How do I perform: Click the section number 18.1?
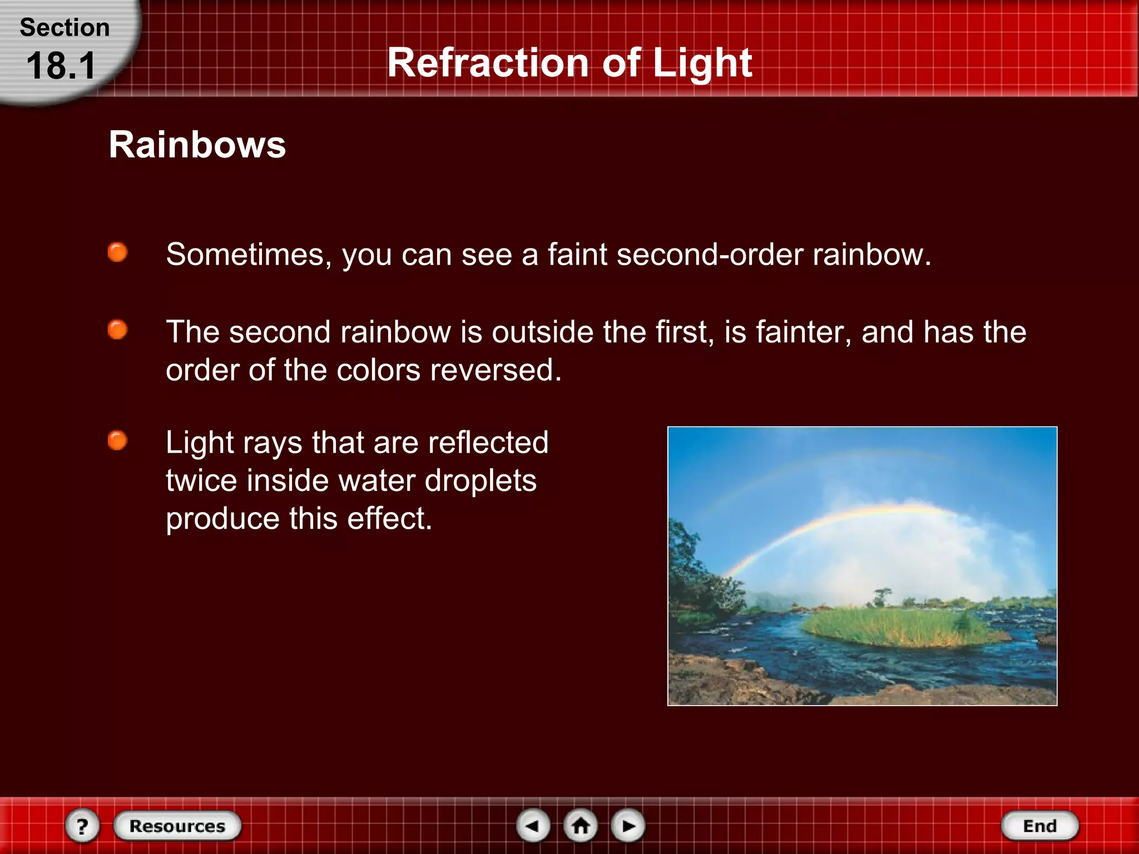61,66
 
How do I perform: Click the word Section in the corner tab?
65,28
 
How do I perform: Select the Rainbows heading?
197,145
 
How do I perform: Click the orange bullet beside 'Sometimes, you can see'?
117,252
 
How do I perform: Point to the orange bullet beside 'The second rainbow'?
117,330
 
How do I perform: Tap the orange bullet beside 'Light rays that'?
117,441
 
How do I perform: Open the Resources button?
177,826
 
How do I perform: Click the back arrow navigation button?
533,826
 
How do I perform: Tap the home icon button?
581,826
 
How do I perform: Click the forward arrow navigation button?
628,826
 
